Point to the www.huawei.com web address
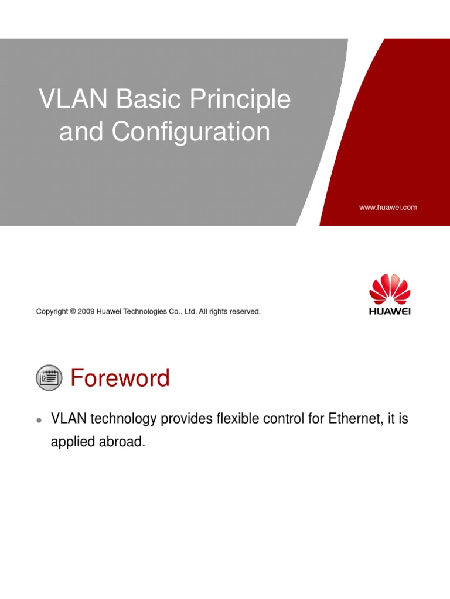point(387,208)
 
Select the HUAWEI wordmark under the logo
point(390,311)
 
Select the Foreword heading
point(120,378)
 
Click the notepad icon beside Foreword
point(49,378)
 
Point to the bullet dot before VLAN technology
point(39,420)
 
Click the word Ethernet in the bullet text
point(350,419)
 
